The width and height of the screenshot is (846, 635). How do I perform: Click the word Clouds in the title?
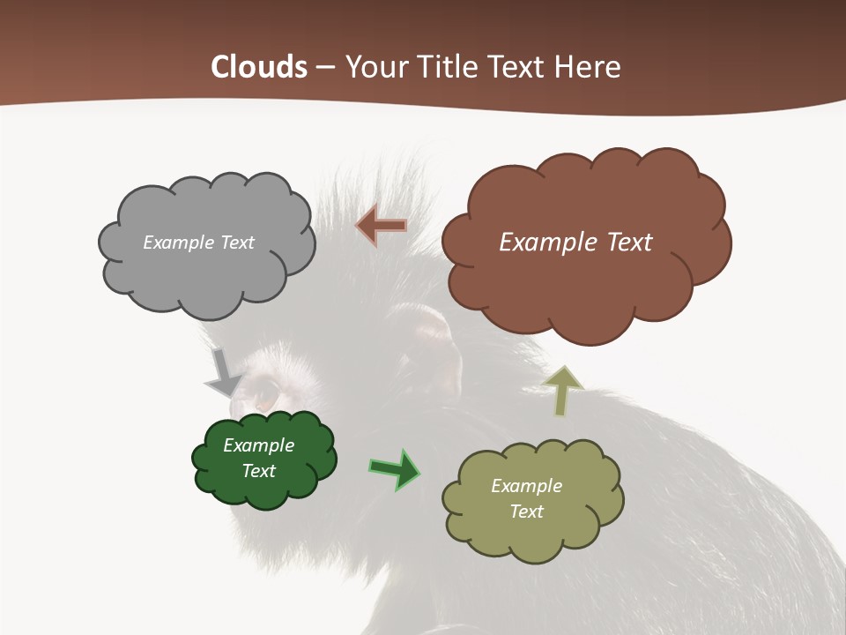point(259,67)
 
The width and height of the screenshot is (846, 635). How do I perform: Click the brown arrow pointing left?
point(382,226)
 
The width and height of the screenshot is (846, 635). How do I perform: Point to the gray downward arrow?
point(223,372)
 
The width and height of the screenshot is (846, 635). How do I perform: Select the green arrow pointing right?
point(394,468)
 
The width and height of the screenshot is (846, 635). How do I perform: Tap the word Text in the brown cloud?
point(624,243)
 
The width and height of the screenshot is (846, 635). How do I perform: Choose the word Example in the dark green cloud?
point(258,445)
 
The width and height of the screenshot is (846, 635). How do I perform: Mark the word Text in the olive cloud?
point(526,512)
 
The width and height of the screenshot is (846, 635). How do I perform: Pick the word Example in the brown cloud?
point(546,243)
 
